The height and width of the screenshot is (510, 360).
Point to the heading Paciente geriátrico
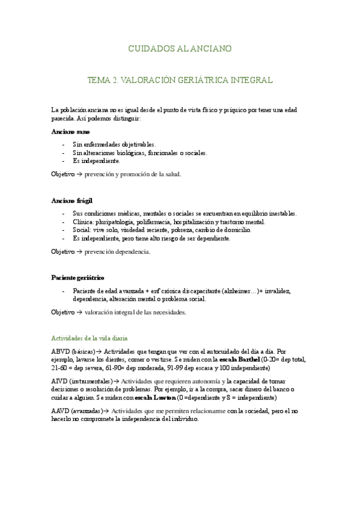(78, 278)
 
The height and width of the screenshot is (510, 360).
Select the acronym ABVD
(61, 351)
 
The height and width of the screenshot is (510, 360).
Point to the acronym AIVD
(61, 381)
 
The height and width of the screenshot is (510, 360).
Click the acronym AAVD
(61, 411)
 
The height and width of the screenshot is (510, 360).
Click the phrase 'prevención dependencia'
(117, 252)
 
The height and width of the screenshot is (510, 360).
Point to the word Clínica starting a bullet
(83, 222)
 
